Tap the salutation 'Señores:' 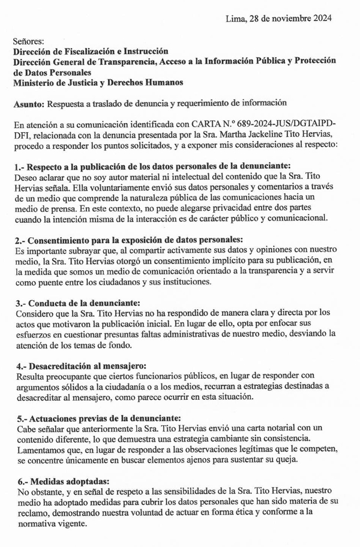click(x=28, y=41)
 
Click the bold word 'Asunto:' click(x=28, y=103)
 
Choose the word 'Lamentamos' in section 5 click(x=38, y=449)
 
